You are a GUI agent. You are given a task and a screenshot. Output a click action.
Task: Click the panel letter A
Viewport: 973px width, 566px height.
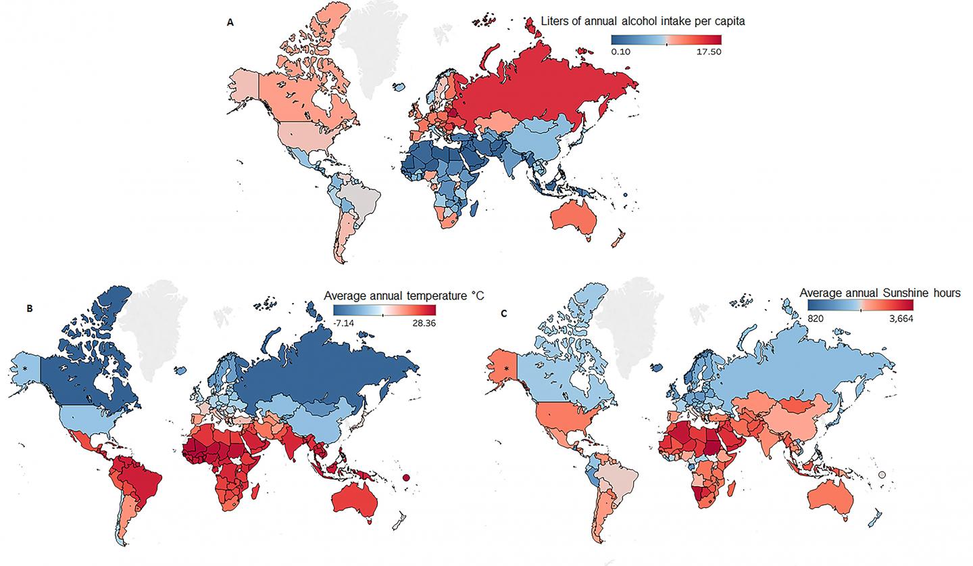(x=230, y=22)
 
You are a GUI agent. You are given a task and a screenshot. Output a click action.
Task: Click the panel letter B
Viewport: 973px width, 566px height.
(x=29, y=308)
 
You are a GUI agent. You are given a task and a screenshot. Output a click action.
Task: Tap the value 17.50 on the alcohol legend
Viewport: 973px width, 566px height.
(x=707, y=51)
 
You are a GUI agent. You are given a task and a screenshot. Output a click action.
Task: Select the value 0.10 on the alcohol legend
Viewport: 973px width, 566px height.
(x=621, y=51)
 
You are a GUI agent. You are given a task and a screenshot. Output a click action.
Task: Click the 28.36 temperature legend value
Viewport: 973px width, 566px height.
(x=422, y=322)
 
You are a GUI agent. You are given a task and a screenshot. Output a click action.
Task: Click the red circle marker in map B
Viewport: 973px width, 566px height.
(x=406, y=479)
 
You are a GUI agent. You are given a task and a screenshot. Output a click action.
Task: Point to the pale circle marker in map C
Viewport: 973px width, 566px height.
(x=882, y=475)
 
